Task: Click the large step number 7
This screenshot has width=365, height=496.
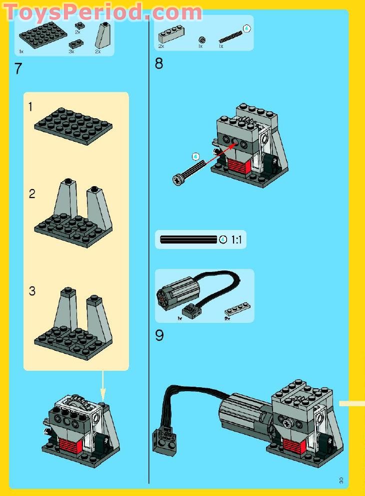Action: [18, 68]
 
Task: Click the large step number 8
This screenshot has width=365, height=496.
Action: [159, 64]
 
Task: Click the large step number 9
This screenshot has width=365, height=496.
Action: [159, 335]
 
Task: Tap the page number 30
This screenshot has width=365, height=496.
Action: [341, 481]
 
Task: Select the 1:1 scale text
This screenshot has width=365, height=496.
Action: [236, 240]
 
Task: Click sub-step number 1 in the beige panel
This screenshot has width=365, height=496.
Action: [31, 106]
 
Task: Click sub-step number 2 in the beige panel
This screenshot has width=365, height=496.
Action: [32, 194]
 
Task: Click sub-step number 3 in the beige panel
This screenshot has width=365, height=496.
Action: [32, 291]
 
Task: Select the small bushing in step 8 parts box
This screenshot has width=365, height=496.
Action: [201, 39]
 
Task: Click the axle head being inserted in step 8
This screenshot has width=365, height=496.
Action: [178, 179]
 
